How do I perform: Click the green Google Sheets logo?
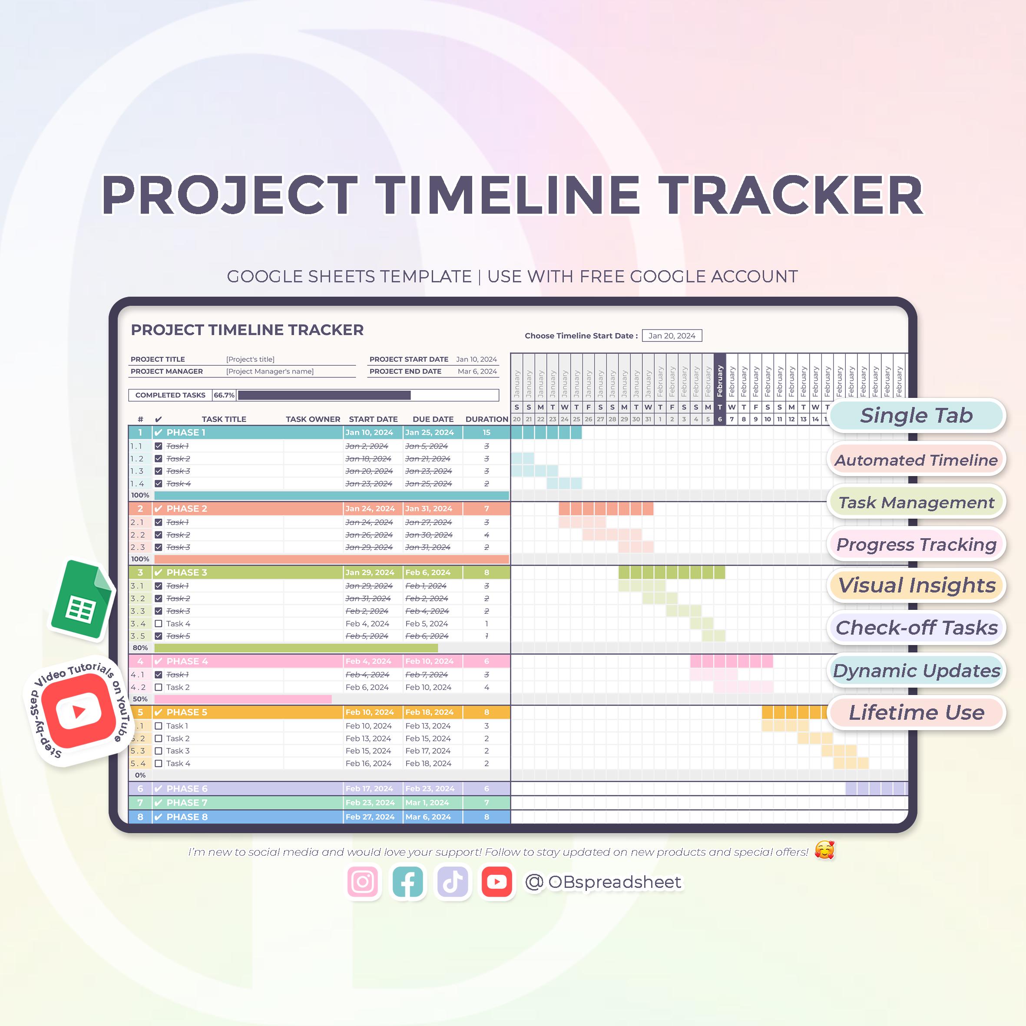pos(82,600)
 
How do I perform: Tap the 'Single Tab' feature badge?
pos(916,415)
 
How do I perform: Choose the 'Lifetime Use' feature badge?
pos(916,712)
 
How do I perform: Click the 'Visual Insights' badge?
pos(916,585)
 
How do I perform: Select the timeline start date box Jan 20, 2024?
pos(672,336)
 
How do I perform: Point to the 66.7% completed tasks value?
pos(224,395)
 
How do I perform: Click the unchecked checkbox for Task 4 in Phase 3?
pos(158,623)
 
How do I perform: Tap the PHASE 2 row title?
pos(187,509)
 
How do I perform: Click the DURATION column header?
pos(487,419)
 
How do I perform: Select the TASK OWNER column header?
pos(313,419)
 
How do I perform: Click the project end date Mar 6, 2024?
pos(477,371)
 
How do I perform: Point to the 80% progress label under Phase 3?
pos(140,648)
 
